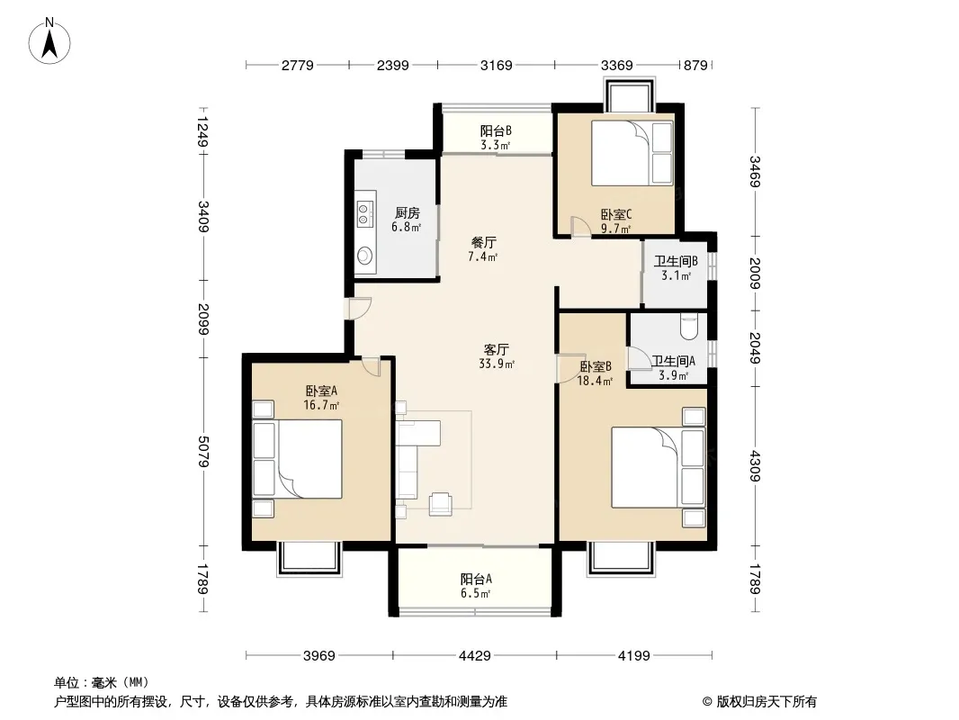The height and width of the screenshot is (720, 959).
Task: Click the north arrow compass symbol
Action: pyautogui.click(x=49, y=40)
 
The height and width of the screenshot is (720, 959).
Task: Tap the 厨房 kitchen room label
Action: pyautogui.click(x=408, y=213)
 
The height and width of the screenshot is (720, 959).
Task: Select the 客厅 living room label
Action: pyautogui.click(x=496, y=350)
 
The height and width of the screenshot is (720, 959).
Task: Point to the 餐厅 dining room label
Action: pyautogui.click(x=483, y=243)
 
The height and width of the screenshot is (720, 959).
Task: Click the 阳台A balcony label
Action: pyautogui.click(x=476, y=579)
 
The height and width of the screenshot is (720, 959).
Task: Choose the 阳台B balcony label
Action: pyautogui.click(x=496, y=130)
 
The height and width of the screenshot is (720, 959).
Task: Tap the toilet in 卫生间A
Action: pyautogui.click(x=689, y=326)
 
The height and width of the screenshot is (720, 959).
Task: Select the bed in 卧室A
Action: pyautogui.click(x=297, y=459)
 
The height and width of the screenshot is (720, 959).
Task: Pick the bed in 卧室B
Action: pyautogui.click(x=659, y=467)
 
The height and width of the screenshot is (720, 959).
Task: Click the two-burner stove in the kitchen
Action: pyautogui.click(x=365, y=209)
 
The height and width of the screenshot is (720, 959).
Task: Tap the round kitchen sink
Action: pyautogui.click(x=365, y=255)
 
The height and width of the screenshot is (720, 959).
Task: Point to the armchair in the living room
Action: pyautogui.click(x=440, y=503)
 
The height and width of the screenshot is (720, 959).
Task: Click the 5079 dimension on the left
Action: pyautogui.click(x=203, y=452)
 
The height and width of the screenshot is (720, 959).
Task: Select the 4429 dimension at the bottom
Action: pyautogui.click(x=475, y=656)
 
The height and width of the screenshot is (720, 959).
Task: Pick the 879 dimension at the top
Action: pyautogui.click(x=695, y=65)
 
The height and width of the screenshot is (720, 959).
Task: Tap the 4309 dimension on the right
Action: pyautogui.click(x=756, y=466)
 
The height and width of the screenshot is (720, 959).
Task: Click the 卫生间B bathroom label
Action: pyautogui.click(x=676, y=261)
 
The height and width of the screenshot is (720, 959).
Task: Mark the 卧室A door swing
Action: pyautogui.click(x=372, y=365)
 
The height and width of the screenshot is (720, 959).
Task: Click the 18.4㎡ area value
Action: pyautogui.click(x=595, y=381)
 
